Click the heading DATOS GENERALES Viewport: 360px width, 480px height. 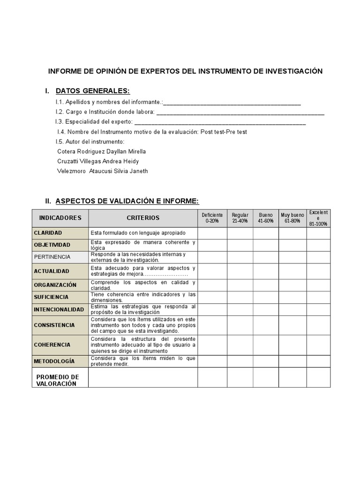pos(92,90)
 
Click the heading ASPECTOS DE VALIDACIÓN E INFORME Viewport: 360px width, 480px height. pos(127,201)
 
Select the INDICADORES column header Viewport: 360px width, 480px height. pos(60,218)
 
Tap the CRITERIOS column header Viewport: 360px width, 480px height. pos(143,218)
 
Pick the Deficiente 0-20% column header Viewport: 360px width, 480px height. pos(212,218)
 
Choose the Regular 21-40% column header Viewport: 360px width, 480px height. pos(240,218)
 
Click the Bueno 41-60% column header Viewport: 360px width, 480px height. pos(266,218)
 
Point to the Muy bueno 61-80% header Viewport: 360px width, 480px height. pos(292,218)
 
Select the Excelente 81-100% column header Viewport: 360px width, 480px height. pos(318,218)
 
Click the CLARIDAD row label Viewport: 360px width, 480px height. pos(48,233)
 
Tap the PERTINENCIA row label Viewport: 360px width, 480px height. pos(52,257)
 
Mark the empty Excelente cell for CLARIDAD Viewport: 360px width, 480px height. pos(318,233)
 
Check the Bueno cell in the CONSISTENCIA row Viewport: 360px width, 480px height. pos(266,325)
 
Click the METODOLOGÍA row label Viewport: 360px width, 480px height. pos(54,361)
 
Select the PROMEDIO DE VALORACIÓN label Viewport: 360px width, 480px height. pos(58,380)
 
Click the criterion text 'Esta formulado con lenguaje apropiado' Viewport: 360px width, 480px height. pos(138,233)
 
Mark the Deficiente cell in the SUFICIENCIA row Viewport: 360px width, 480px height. pos(212,297)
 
